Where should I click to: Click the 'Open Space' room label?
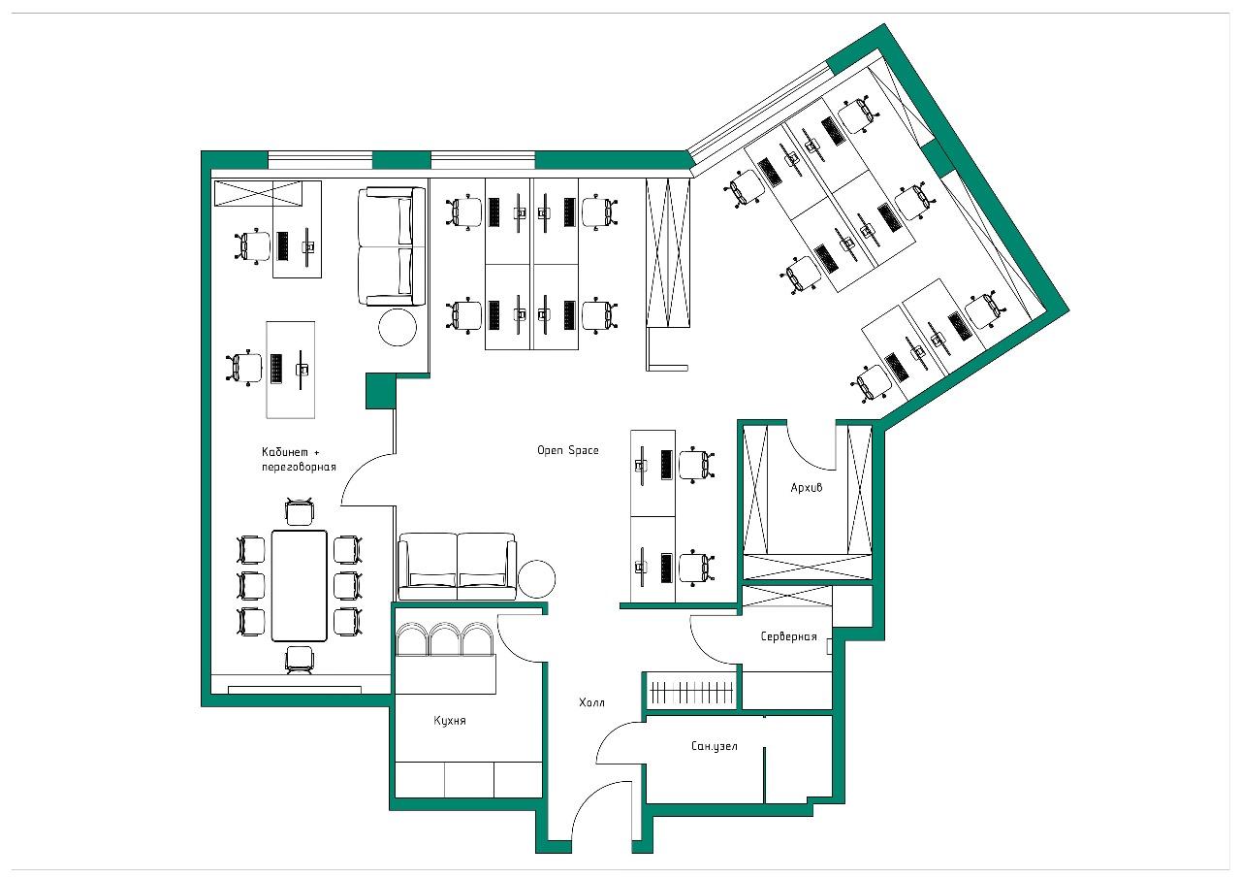568,450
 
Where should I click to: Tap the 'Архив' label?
806,488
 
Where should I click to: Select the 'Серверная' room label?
788,636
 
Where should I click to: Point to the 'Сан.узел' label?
715,746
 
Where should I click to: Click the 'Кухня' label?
449,721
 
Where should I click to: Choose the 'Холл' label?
591,702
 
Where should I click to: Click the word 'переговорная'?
299,468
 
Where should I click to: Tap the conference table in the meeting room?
300,586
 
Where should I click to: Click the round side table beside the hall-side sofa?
536,578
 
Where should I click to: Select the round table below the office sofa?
398,327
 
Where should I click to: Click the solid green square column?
381,391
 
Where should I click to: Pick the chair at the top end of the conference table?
300,511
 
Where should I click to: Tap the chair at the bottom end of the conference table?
300,661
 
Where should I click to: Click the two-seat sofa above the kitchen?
457,567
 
